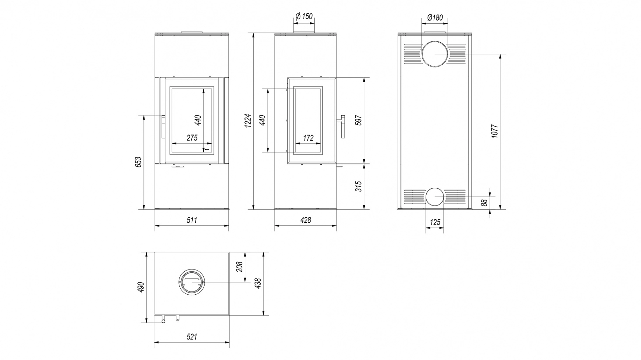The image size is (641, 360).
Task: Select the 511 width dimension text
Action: click(192, 220)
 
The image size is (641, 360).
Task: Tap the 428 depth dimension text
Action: click(305, 220)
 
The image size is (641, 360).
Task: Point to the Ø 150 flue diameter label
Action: click(304, 16)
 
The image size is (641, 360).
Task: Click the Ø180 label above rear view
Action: click(435, 17)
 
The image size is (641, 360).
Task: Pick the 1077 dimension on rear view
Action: click(494, 131)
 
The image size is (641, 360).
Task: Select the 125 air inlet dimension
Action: click(435, 222)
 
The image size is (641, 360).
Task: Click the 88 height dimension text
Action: click(484, 203)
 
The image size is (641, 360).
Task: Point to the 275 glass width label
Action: click(192, 138)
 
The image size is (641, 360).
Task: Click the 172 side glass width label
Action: click(308, 138)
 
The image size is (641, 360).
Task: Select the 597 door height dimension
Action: click(358, 120)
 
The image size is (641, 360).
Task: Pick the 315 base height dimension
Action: click(358, 186)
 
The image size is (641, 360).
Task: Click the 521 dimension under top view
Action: click(192, 337)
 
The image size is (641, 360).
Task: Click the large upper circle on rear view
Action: click(435, 54)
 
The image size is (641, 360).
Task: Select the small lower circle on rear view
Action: click(435, 196)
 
